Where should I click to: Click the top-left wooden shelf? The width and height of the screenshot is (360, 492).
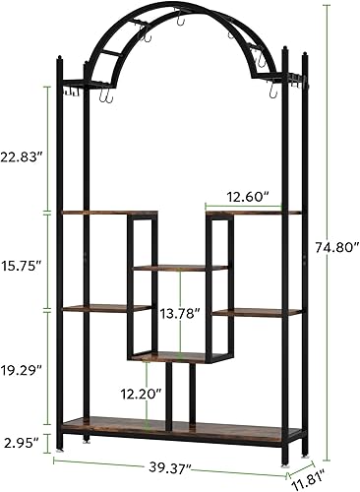[94, 213]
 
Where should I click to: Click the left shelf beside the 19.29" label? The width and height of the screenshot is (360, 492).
[94, 309]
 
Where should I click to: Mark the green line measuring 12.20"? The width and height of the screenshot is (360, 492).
[149, 394]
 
